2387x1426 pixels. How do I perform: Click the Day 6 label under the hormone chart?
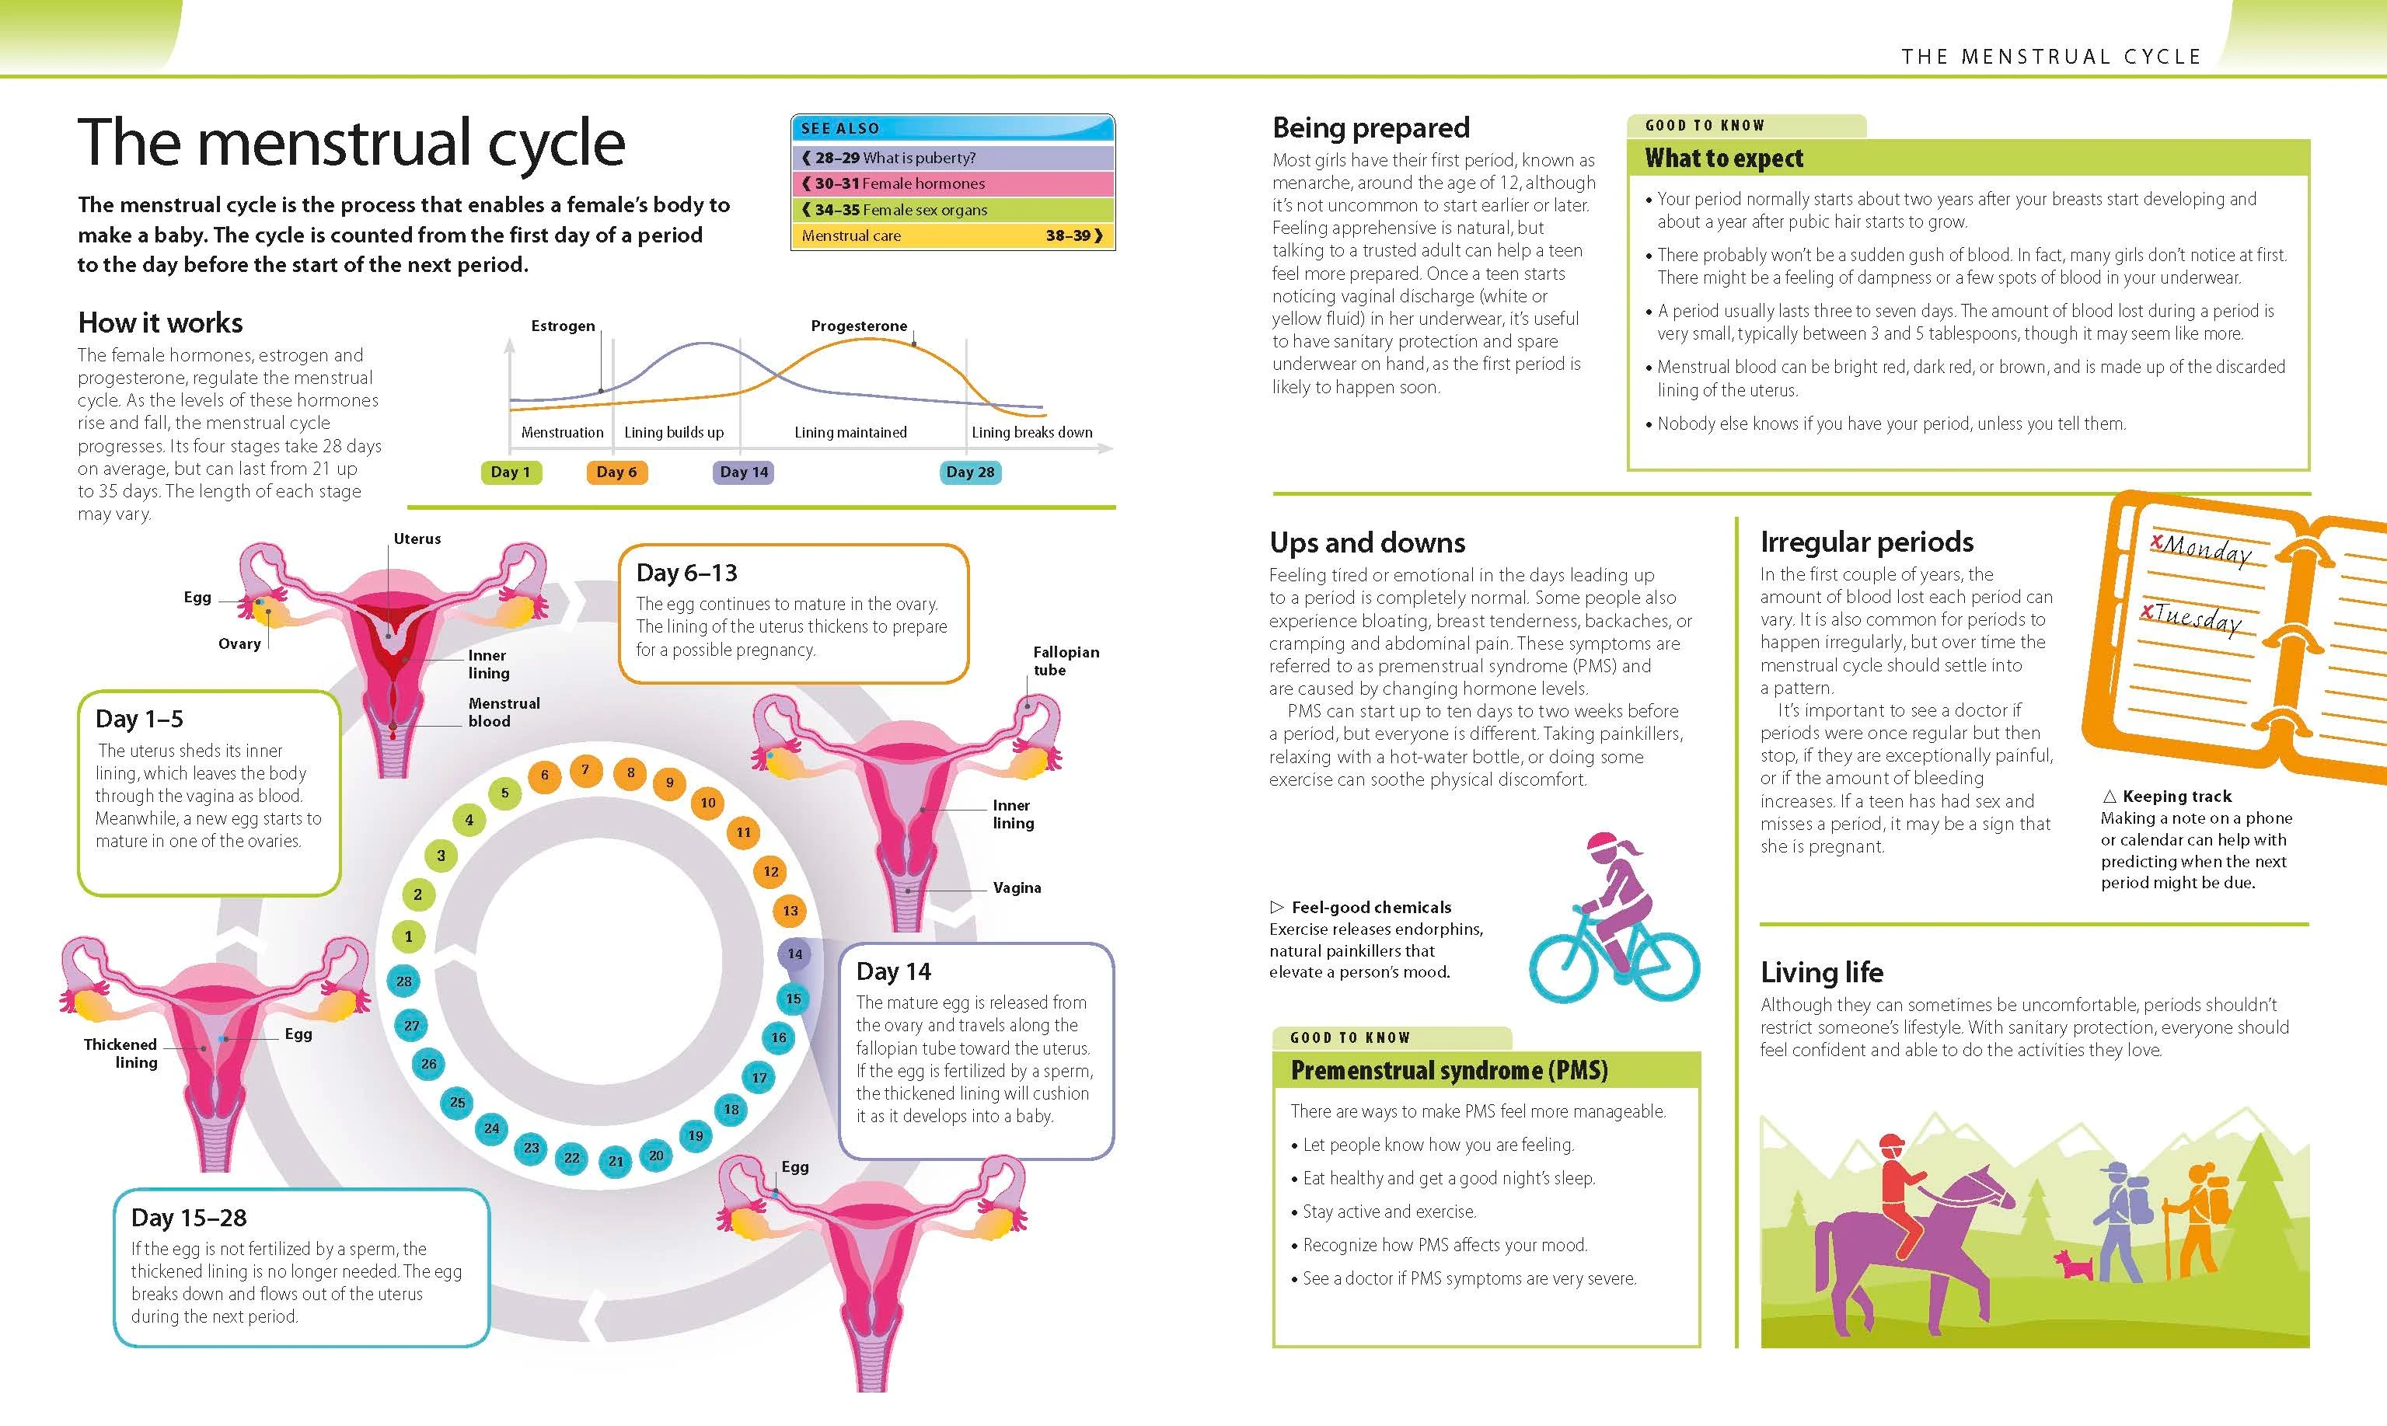click(617, 472)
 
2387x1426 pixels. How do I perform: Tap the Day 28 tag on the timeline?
click(971, 472)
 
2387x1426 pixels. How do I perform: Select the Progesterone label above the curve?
click(859, 326)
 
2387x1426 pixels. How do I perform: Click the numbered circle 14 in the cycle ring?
click(794, 954)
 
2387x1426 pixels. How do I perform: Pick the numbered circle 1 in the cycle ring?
click(408, 936)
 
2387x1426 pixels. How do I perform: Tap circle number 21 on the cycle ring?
click(616, 1161)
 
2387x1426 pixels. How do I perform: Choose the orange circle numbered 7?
click(585, 769)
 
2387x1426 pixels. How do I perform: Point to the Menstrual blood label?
click(504, 712)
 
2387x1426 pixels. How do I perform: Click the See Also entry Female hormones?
click(952, 183)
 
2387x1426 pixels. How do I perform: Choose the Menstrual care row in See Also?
click(952, 235)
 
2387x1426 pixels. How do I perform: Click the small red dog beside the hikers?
click(2074, 1264)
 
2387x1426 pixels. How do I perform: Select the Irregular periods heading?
click(1866, 542)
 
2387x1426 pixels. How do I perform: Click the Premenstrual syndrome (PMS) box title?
click(1449, 1070)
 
